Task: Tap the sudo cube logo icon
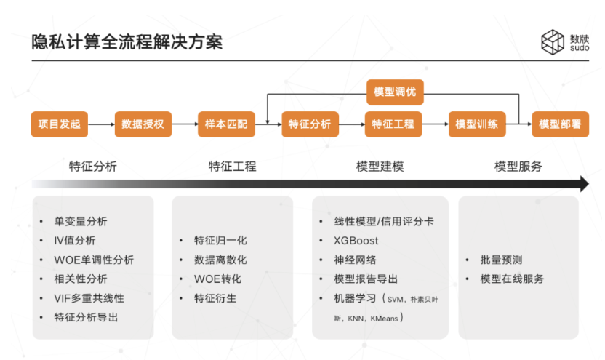[553, 41]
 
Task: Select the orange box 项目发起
[59, 124]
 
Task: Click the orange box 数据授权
[143, 124]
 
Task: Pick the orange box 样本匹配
[226, 124]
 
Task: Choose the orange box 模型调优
[394, 92]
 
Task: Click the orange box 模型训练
[476, 124]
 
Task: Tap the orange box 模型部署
[560, 124]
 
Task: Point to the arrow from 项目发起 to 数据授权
[101, 124]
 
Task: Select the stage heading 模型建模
[380, 166]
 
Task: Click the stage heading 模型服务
[518, 166]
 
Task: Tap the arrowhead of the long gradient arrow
[583, 184]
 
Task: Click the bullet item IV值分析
[75, 241]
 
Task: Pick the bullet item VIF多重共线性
[89, 298]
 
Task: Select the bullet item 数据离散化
[220, 260]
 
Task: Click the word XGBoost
[356, 241]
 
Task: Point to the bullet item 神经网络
[355, 260]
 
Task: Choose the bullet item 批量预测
[501, 260]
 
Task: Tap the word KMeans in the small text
[383, 318]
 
